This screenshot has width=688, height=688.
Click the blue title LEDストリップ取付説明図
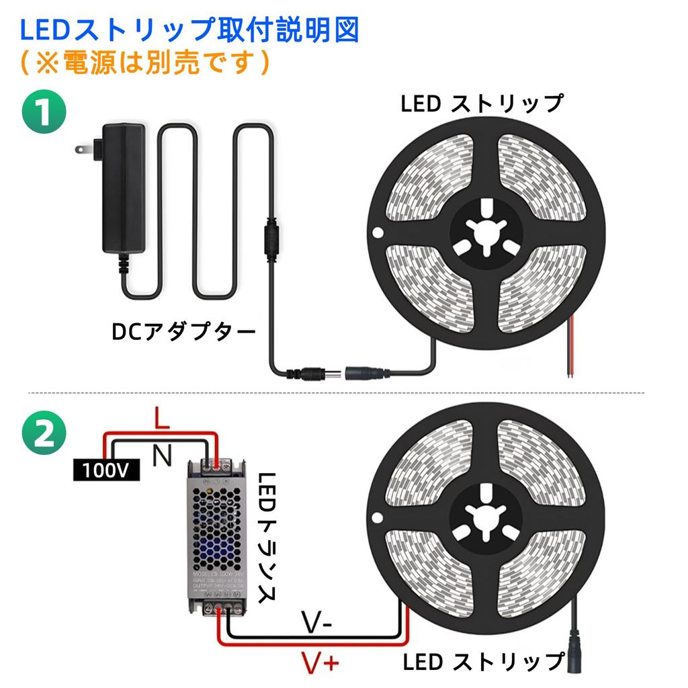189,31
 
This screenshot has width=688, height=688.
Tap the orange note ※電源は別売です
144,64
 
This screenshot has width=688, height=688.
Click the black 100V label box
106,470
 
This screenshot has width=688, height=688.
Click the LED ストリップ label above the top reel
482,105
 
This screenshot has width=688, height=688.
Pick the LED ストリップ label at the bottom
483,662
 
